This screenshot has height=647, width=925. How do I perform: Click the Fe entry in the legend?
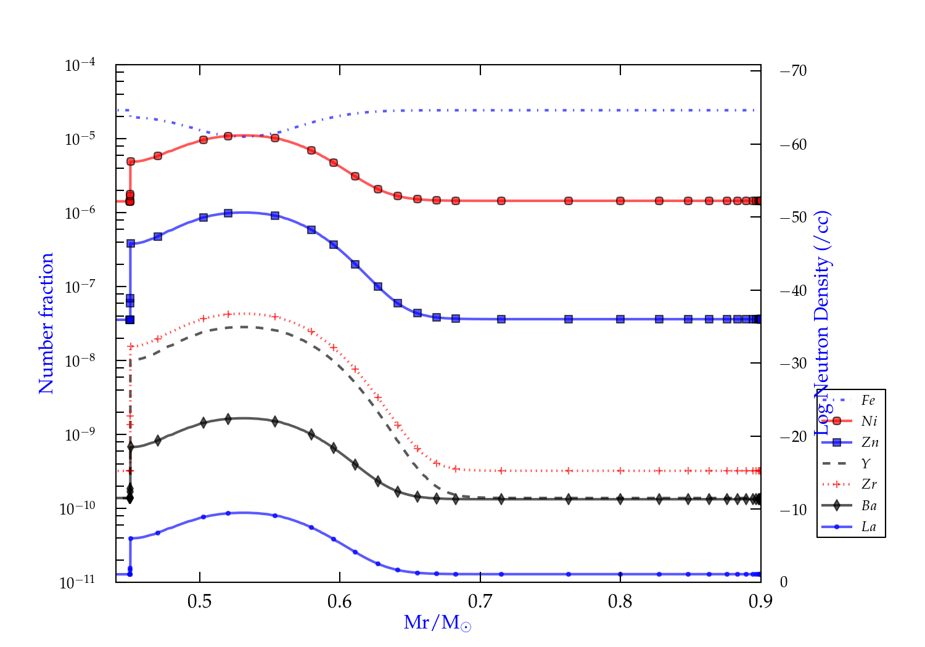pos(868,401)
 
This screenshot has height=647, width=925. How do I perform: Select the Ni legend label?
pos(869,421)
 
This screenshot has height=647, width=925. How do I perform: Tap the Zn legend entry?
pos(869,442)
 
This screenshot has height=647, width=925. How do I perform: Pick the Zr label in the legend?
pos(869,484)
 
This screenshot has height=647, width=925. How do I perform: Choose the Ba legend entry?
pos(869,506)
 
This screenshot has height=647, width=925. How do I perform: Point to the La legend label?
pos(868,527)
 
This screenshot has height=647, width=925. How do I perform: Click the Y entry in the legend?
pos(866,463)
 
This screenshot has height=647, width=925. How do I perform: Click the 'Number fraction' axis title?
pos(47,323)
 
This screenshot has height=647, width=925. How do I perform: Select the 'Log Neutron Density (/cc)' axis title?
pos(822,323)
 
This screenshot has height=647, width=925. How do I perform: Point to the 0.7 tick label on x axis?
pos(480,601)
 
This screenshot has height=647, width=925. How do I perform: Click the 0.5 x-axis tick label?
pos(200,601)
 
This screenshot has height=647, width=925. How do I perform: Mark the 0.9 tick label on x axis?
pos(760,601)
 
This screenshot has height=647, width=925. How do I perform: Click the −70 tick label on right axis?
pos(794,71)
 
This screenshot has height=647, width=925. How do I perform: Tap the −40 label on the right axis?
pos(794,290)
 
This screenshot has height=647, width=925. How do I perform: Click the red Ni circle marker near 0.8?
pos(620,201)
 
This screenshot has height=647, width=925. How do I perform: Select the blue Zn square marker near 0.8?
pos(620,319)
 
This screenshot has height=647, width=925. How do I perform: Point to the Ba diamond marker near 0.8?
pos(620,499)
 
